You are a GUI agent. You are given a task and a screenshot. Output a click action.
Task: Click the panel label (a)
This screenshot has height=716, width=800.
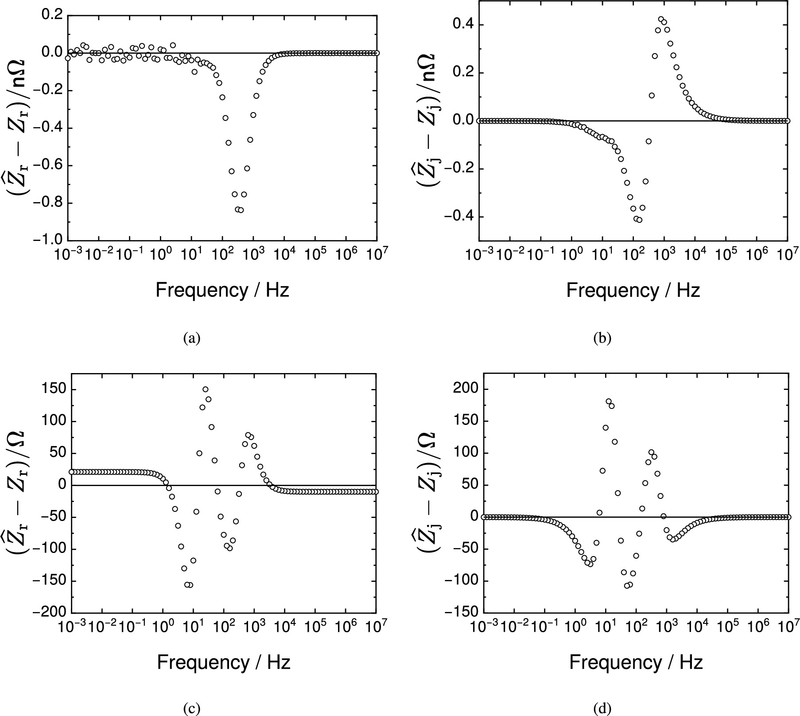tap(192, 339)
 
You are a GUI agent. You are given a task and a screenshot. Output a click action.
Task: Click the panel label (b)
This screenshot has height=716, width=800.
tap(602, 339)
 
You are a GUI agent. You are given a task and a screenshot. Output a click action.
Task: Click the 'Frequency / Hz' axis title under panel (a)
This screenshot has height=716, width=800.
tap(222, 291)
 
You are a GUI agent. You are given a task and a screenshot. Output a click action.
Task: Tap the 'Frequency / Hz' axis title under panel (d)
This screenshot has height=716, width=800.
tap(636, 662)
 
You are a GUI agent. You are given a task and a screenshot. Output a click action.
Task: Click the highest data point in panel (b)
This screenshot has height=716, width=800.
tap(661, 19)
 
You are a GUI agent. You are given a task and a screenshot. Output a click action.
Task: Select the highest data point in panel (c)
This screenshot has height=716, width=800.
tap(206, 389)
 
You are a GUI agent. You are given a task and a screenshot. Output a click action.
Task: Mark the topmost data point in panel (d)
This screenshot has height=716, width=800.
tap(608, 401)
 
